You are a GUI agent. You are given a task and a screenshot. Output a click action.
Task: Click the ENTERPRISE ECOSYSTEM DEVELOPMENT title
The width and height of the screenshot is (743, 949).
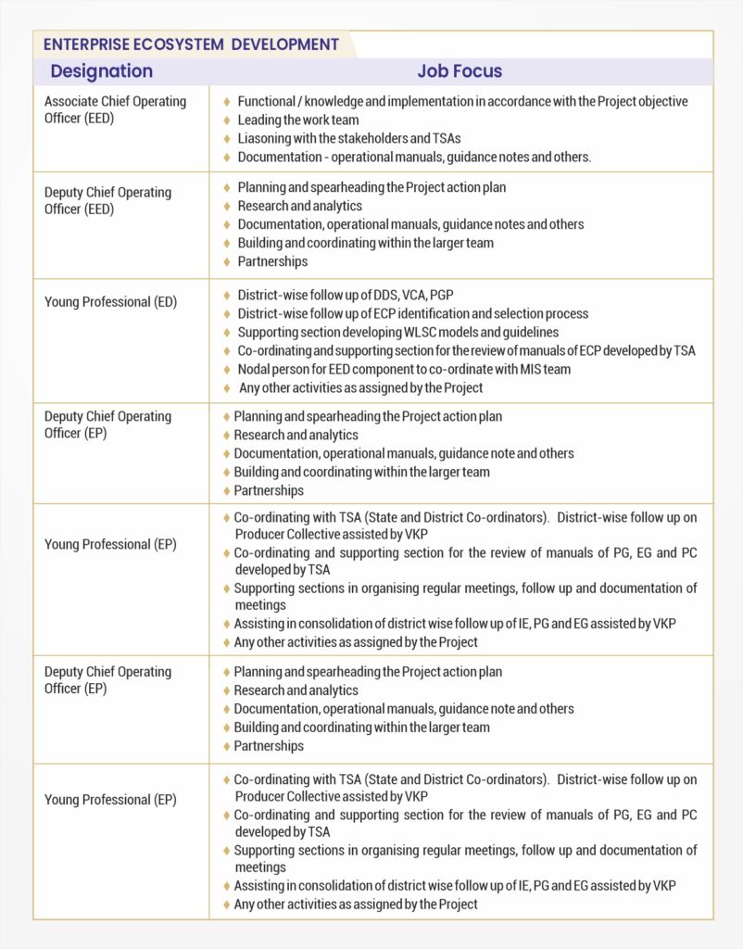[191, 44]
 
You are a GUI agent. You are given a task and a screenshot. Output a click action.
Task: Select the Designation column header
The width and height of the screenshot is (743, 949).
[101, 71]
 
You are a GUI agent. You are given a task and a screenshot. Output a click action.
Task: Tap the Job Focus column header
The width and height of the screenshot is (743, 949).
[460, 71]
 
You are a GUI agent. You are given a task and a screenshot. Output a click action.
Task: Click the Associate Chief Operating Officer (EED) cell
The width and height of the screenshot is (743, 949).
[115, 109]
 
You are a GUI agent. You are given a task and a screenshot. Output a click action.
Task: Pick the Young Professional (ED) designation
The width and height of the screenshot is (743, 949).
[110, 302]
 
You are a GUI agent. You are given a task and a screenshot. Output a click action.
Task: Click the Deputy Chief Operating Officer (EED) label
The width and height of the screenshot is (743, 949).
[107, 200]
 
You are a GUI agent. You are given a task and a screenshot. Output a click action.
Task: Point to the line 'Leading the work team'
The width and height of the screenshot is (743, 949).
[297, 120]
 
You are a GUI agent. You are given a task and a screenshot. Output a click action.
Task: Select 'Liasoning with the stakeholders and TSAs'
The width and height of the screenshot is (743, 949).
[348, 138]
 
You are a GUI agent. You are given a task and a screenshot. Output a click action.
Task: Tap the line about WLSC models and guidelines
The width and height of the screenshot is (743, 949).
[397, 332]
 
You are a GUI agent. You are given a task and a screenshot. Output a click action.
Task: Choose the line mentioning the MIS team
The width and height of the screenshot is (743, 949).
[404, 369]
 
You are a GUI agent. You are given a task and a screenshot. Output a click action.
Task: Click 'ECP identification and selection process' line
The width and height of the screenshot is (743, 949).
[412, 313]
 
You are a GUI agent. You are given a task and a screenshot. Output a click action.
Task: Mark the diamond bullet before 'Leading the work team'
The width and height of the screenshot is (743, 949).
[227, 120]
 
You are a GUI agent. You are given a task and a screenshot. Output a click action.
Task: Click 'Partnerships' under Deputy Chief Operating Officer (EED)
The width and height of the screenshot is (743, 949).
[272, 261]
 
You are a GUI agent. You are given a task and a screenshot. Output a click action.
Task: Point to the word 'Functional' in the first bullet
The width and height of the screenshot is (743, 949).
[266, 101]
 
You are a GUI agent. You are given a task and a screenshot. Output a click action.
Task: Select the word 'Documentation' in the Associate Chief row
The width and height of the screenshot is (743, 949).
[279, 157]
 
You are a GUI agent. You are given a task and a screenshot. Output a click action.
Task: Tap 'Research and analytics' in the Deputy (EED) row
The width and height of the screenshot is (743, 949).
[299, 206]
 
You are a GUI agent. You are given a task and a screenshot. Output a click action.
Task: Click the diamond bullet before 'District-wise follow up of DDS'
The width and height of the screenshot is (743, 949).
[227, 295]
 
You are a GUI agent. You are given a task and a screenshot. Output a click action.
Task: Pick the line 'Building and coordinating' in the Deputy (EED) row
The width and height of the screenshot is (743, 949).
[365, 243]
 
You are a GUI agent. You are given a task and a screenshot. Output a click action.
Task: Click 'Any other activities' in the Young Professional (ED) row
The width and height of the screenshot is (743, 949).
[360, 387]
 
